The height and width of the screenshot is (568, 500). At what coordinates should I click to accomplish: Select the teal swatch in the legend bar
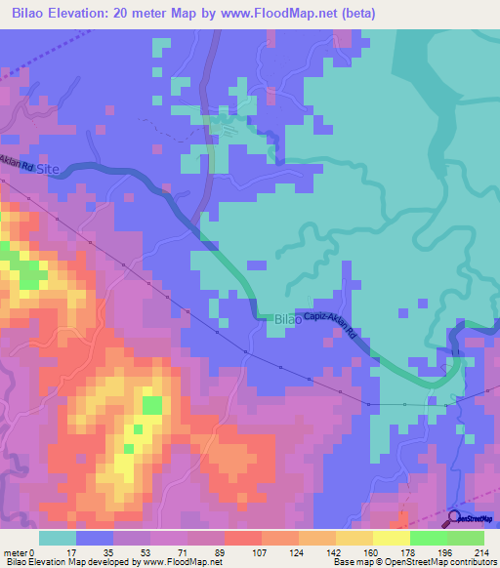coord(57,538)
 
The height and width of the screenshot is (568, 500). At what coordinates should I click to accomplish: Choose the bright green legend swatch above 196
coord(428,538)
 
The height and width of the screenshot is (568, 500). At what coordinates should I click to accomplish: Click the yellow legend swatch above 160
coord(354,538)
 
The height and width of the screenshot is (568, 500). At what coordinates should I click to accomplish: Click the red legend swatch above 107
coord(242,538)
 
